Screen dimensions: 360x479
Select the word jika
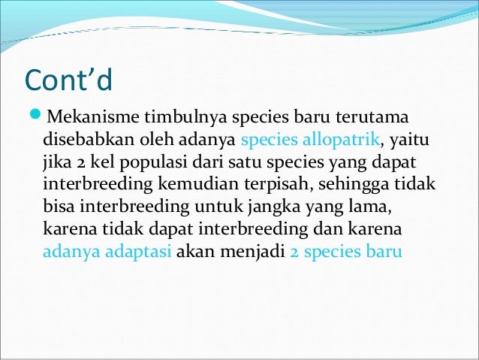coord(55,163)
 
